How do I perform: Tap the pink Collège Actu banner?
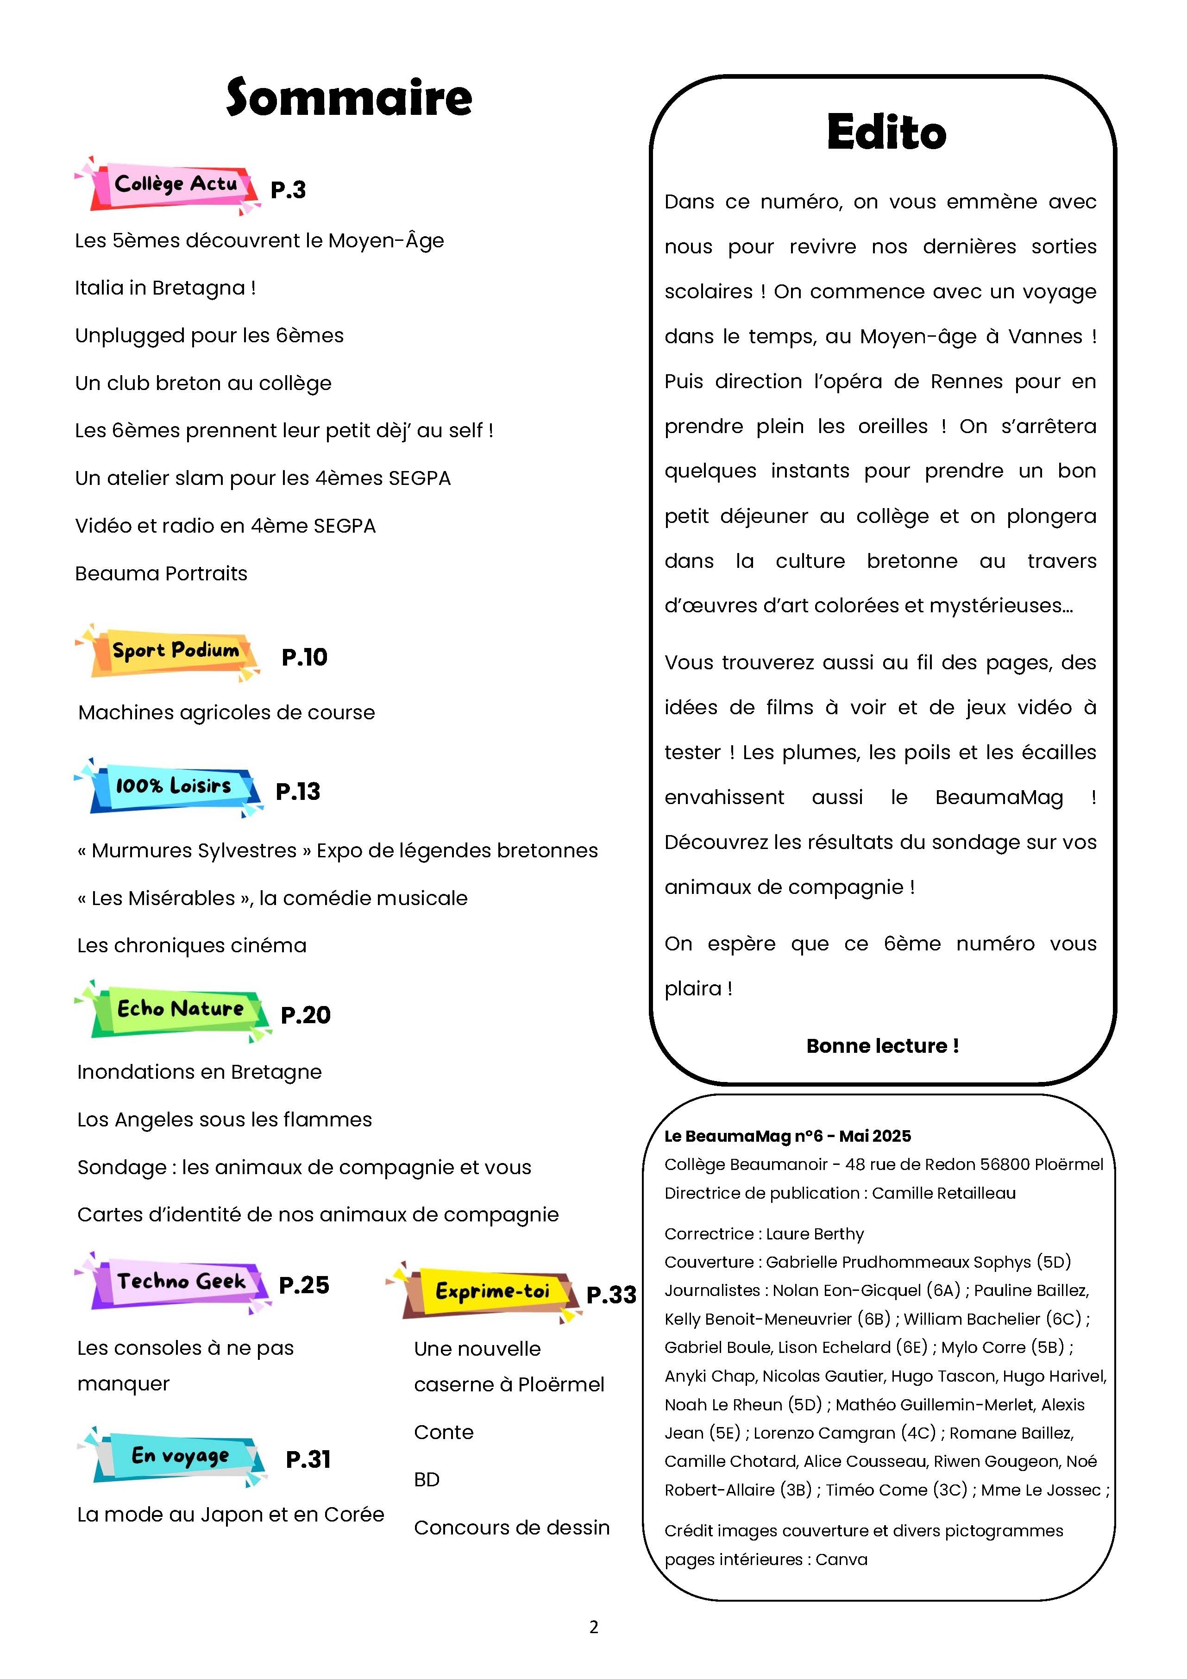click(174, 185)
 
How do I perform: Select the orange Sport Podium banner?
click(174, 652)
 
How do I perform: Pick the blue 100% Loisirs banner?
click(173, 787)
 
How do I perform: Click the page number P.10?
click(304, 657)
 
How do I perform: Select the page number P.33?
click(611, 1295)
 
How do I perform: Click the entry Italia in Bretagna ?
click(165, 288)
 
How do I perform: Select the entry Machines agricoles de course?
click(227, 712)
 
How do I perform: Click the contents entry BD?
click(427, 1480)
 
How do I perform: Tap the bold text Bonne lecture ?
click(882, 1046)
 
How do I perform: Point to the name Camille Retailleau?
click(943, 1194)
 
